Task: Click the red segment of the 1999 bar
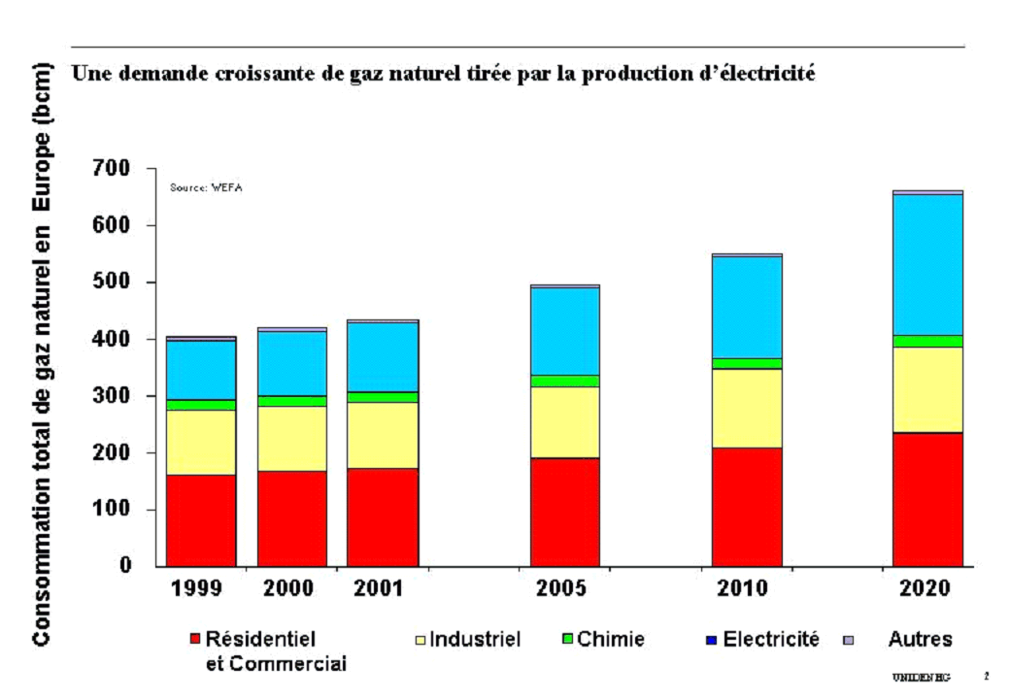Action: point(201,519)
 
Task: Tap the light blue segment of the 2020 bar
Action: point(927,265)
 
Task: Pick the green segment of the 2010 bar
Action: point(746,363)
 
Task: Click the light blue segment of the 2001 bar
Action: point(383,356)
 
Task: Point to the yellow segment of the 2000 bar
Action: point(291,438)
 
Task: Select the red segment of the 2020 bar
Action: point(927,499)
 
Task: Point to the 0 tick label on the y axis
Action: point(126,565)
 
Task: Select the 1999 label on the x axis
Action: point(197,589)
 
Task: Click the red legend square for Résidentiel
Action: point(195,640)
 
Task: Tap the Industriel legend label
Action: point(475,639)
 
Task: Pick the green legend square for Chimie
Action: point(568,639)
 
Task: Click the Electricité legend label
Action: point(771,639)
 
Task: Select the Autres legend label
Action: point(920,639)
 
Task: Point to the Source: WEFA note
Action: point(206,187)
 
